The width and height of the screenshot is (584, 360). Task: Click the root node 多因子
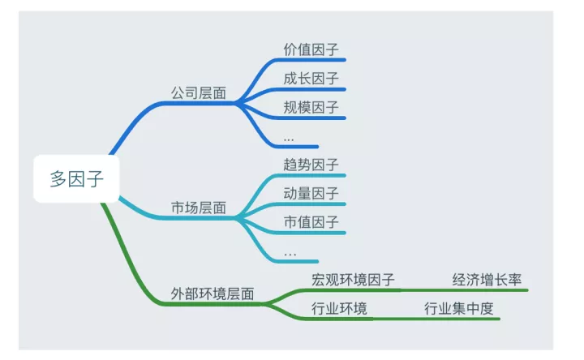coord(77,178)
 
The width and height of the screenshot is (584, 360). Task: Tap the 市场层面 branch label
coord(198,208)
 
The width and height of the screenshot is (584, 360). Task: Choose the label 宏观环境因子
coord(353,280)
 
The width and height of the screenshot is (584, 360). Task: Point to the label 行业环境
coord(339,308)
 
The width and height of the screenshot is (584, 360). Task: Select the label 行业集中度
coord(459,308)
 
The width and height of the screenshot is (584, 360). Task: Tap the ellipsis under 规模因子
coord(289,140)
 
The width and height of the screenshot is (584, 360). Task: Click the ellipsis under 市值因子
coord(290,255)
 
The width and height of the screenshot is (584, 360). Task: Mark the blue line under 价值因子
coord(316,59)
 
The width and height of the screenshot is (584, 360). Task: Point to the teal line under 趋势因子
coord(316,174)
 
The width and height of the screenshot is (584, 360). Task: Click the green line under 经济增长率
coord(487,289)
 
